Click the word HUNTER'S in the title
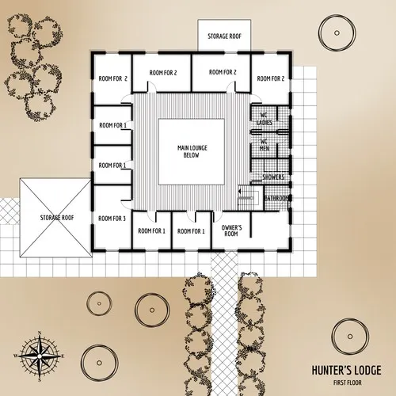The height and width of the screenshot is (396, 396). coord(327,370)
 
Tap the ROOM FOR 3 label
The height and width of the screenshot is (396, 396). coord(112,218)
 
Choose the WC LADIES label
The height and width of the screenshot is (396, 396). coord(266,120)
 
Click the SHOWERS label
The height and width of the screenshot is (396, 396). coord(273,177)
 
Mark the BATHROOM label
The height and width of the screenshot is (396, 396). coord(276,197)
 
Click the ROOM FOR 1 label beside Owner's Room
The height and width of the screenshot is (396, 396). coord(191,230)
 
